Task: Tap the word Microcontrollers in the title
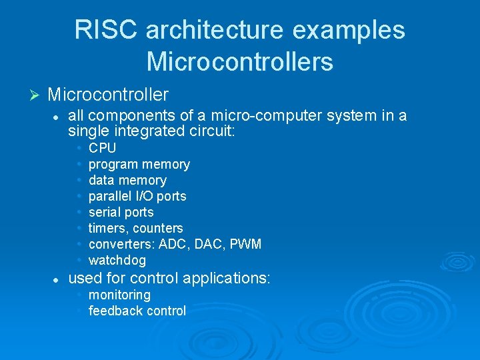coord(240,61)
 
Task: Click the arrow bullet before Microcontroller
coord(37,95)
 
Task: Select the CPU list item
coord(102,148)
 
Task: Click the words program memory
coord(139,164)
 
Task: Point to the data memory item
coord(127,180)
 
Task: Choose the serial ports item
coord(121,212)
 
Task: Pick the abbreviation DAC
coord(206,244)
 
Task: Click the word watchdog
coord(117,260)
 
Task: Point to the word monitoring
coord(119,295)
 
